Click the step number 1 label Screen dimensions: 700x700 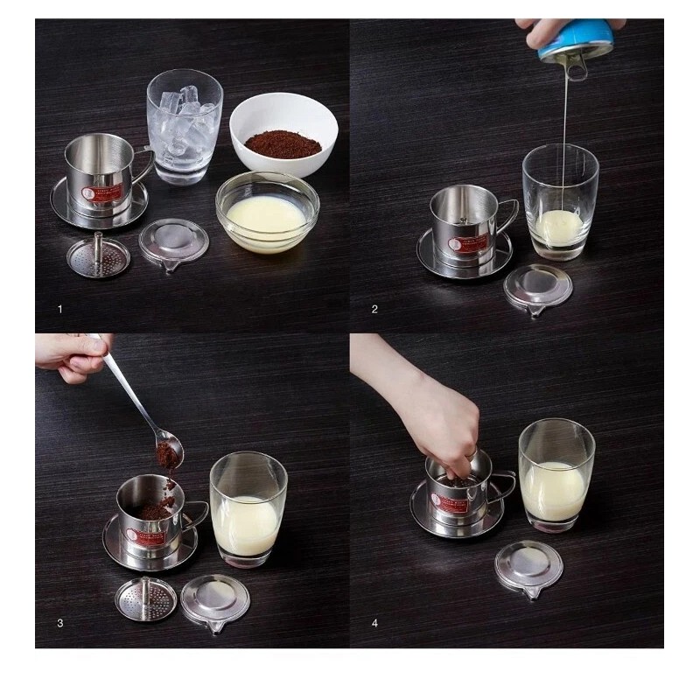click(x=59, y=309)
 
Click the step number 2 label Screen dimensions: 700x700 click(x=374, y=309)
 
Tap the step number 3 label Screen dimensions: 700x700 click(x=59, y=623)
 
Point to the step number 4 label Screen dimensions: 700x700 click(x=374, y=623)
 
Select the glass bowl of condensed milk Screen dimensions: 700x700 click(x=267, y=213)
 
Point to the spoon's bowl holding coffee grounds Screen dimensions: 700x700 click(x=168, y=452)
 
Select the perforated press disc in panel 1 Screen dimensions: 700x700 click(x=98, y=255)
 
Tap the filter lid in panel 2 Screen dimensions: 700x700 click(x=537, y=289)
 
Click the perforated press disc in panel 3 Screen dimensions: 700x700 click(x=145, y=598)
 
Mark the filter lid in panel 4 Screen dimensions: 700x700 click(x=528, y=569)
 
